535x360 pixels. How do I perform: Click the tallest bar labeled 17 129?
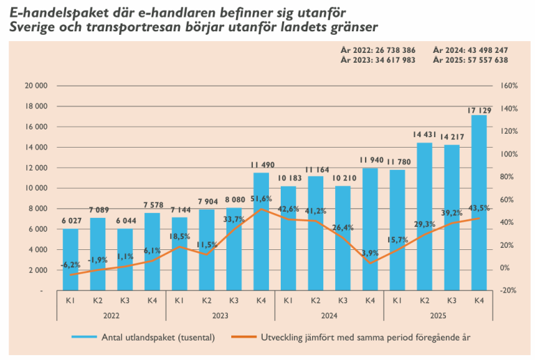pos(479,202)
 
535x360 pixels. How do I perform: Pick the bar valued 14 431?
pos(424,216)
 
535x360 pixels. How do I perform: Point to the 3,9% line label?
pos(371,252)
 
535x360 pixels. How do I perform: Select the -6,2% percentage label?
pos(70,265)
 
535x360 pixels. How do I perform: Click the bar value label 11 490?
pos(261,165)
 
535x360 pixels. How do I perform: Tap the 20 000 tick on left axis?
pos(35,86)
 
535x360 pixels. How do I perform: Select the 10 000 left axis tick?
pos(35,188)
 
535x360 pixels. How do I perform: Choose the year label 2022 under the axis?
pos(111,315)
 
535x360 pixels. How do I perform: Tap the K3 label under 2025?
pos(451,301)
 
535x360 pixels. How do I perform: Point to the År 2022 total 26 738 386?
pos(391,50)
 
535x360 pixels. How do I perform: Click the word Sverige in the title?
pos(33,28)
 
